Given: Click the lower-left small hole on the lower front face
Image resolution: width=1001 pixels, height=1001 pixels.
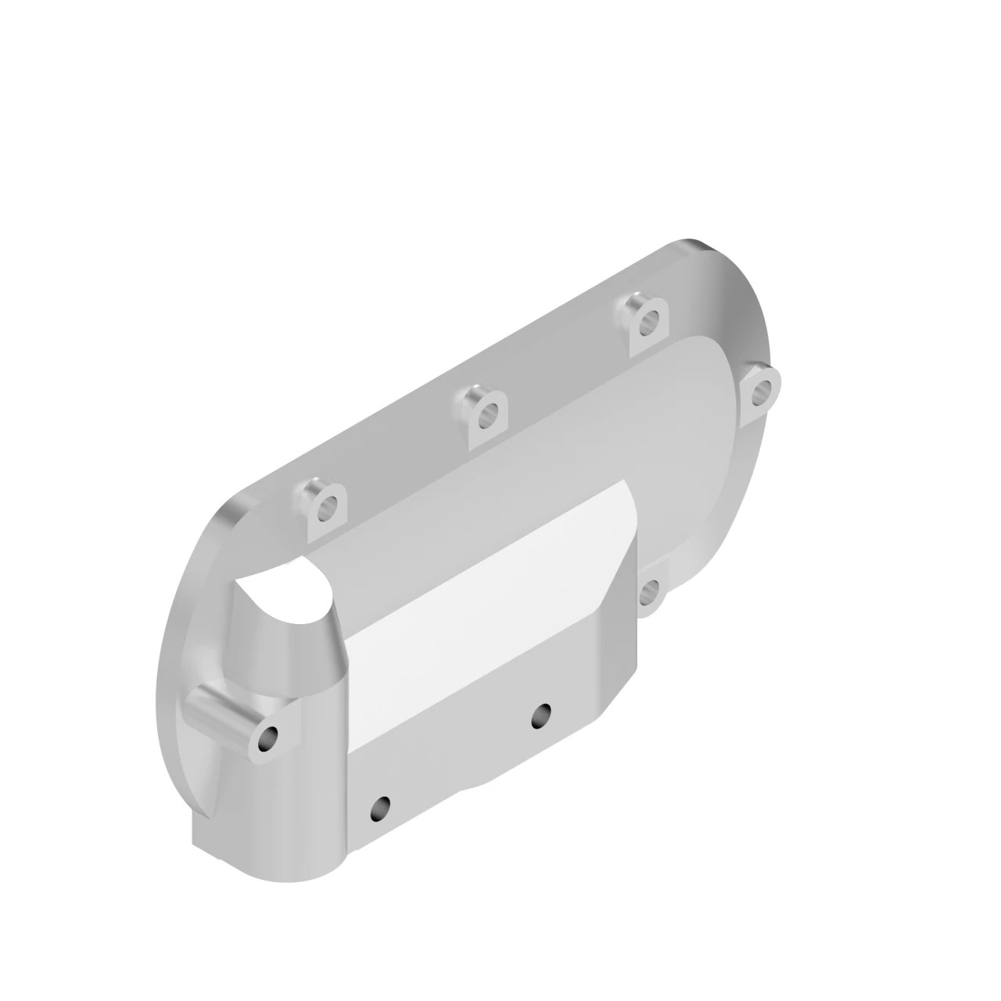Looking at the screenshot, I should [x=381, y=806].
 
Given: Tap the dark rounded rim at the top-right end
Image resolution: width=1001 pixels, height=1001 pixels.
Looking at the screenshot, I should [x=743, y=297].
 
